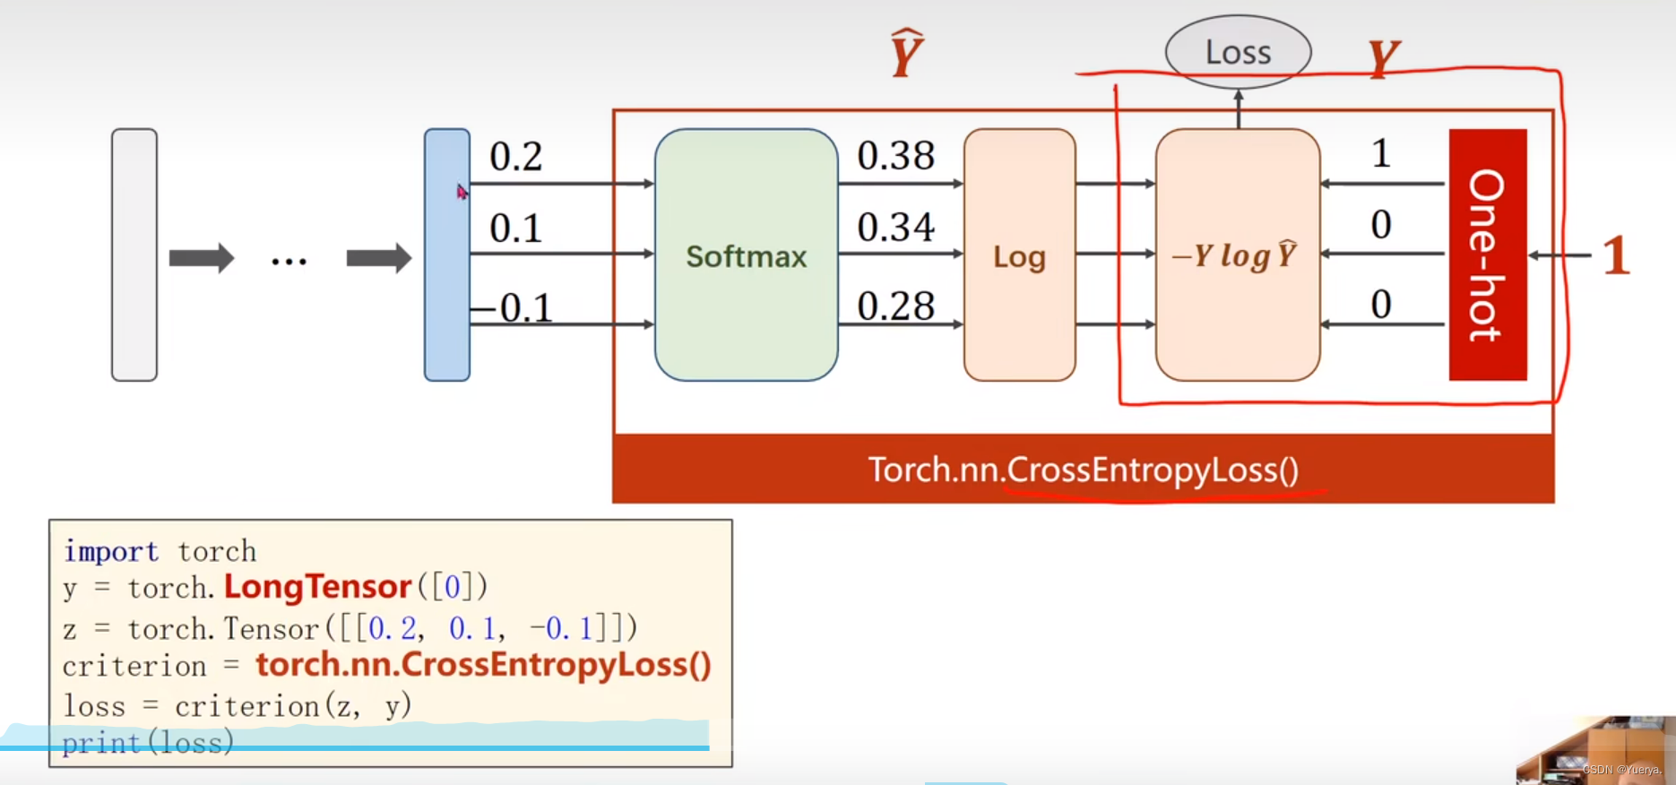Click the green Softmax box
(746, 255)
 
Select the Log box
(1019, 255)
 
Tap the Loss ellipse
(1238, 52)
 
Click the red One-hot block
(1487, 254)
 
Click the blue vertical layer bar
(446, 255)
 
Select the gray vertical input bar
(134, 255)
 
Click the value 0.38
(895, 156)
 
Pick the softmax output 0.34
(895, 227)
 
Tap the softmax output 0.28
(895, 306)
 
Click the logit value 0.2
(515, 157)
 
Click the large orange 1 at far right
(1616, 255)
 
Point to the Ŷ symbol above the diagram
(906, 54)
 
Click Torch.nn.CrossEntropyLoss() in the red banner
(1083, 470)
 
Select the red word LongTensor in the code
(317, 587)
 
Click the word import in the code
(110, 551)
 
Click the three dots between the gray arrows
(289, 261)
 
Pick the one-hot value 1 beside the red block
(1381, 154)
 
